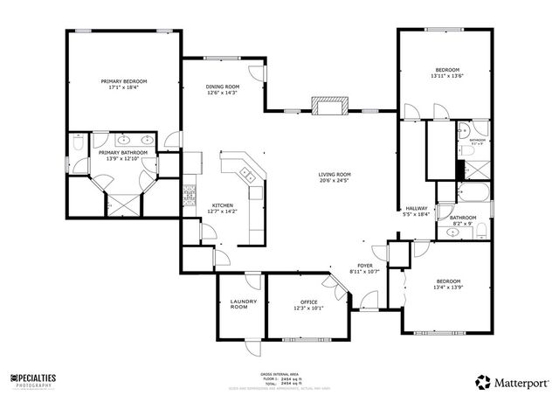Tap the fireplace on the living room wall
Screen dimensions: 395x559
pos(330,108)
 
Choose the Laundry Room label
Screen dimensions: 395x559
pos(244,304)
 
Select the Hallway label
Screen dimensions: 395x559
pos(416,207)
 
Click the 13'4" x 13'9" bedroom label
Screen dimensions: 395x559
pos(448,281)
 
